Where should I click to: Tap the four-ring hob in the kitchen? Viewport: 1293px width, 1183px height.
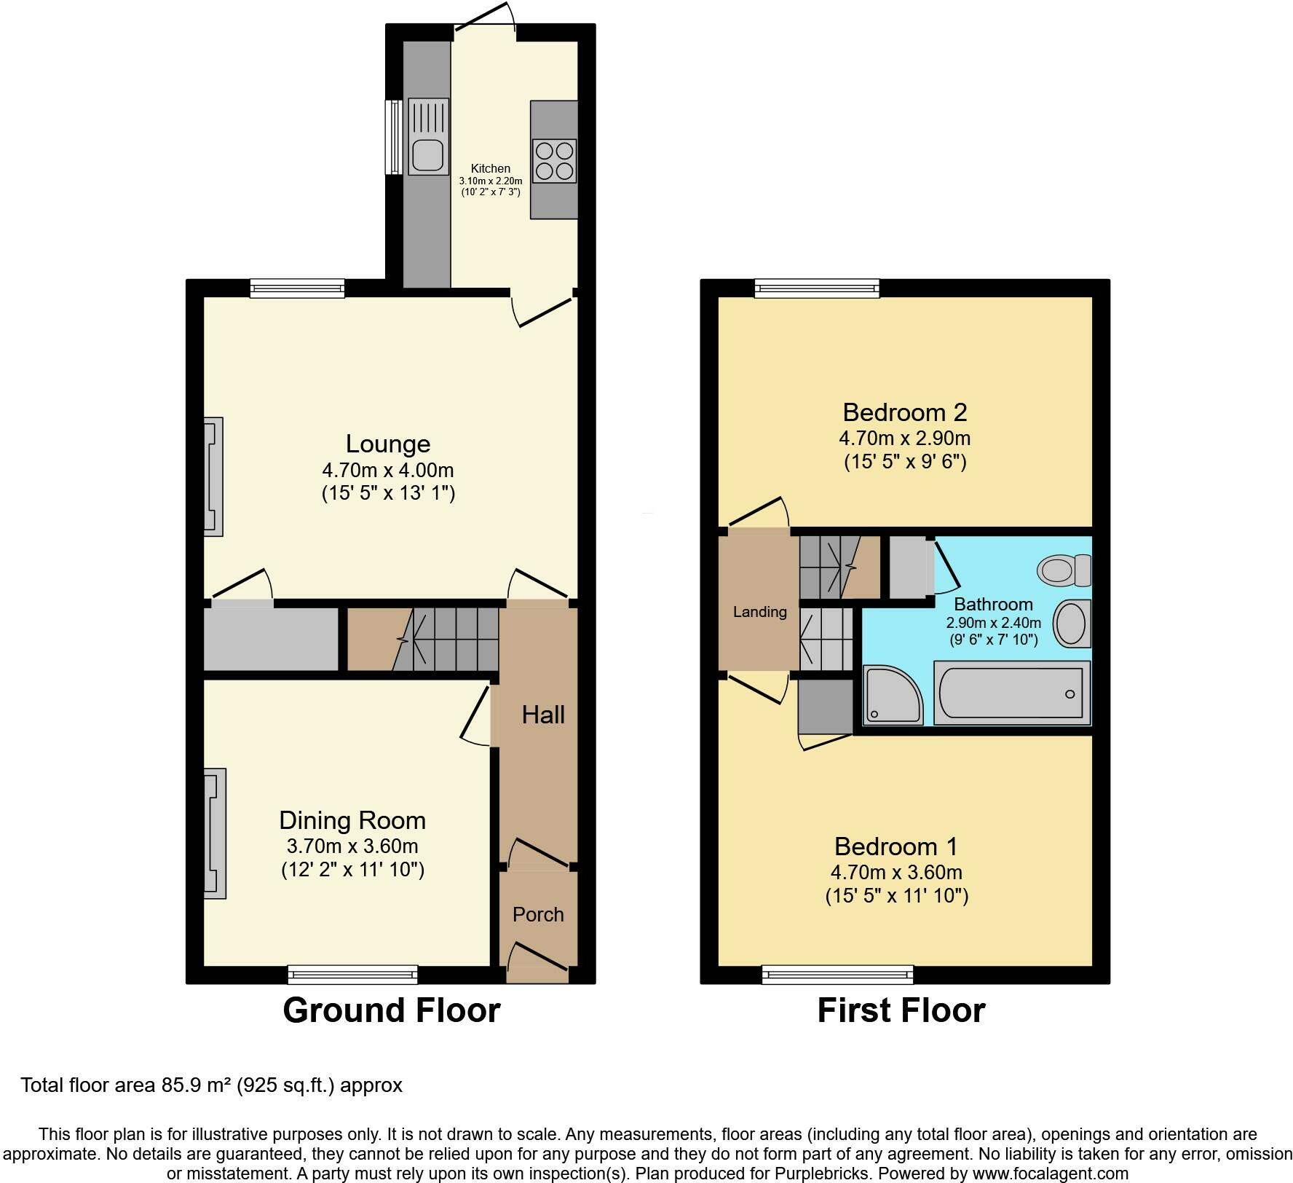pos(554,161)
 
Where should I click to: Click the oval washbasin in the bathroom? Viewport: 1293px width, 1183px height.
pos(1071,624)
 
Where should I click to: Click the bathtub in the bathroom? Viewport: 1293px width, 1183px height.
pos(1011,693)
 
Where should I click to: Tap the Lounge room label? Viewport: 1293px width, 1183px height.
pos(387,444)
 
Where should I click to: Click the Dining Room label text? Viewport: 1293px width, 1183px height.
pos(352,820)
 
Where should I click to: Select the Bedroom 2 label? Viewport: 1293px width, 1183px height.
pos(904,412)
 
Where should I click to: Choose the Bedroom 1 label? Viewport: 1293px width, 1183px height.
pos(895,846)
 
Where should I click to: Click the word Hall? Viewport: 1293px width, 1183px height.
pos(543,715)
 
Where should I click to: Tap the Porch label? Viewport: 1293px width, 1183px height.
pos(538,914)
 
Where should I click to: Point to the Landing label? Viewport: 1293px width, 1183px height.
pos(759,612)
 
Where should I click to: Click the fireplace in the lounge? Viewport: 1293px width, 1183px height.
pos(213,476)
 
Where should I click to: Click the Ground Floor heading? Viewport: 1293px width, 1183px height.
pos(391,1010)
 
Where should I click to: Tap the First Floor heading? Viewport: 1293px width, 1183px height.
pos(901,1010)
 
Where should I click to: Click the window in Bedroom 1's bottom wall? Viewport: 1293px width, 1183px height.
pos(837,973)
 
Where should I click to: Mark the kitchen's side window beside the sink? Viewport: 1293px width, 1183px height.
pos(393,137)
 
